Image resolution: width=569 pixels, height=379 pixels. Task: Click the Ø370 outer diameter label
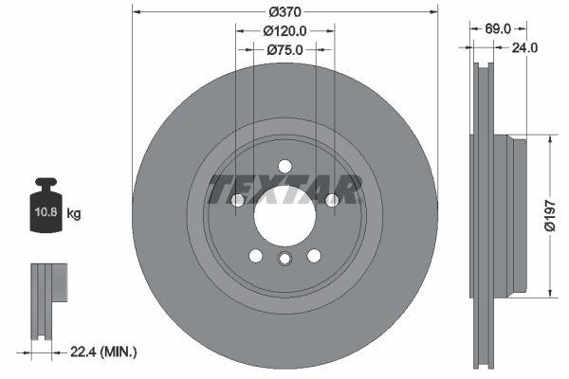click(284, 11)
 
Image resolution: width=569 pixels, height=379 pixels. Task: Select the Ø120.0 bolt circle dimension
click(284, 30)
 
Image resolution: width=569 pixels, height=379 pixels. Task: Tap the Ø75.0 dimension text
click(284, 50)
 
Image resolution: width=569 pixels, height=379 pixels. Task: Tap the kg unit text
click(74, 214)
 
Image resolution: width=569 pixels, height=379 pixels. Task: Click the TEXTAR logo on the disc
click(284, 189)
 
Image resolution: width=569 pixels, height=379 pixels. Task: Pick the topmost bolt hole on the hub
click(284, 168)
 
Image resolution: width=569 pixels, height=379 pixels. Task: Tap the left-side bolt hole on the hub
click(238, 200)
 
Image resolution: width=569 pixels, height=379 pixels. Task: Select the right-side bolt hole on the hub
click(331, 200)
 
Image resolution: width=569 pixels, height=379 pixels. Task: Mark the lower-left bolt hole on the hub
click(256, 255)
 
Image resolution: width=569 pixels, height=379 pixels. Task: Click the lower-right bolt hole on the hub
click(313, 255)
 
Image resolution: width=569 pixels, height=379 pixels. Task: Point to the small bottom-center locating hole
click(284, 261)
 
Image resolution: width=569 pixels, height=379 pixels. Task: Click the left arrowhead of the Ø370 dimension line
click(136, 12)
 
